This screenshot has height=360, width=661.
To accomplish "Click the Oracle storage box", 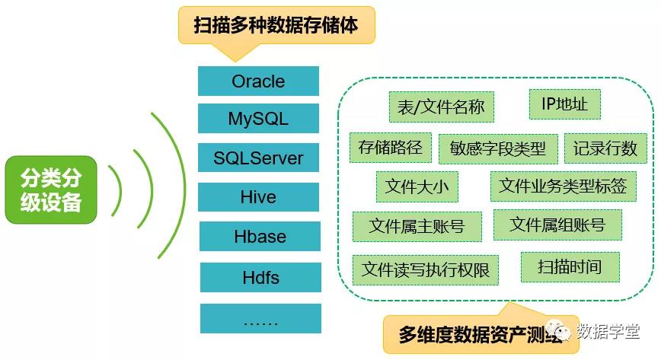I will pyautogui.click(x=258, y=81).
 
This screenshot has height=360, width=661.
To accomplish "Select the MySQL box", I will pyautogui.click(x=258, y=119).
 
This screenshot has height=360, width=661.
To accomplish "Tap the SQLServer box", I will pyautogui.click(x=258, y=158).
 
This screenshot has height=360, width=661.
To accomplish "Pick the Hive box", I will pyautogui.click(x=258, y=197).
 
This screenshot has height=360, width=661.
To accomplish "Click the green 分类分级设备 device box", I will pyautogui.click(x=51, y=190).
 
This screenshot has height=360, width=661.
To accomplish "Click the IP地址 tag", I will pyautogui.click(x=564, y=104).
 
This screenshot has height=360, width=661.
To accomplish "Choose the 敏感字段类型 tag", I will pyautogui.click(x=498, y=148).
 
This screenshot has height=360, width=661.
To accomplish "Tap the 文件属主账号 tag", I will pyautogui.click(x=417, y=226).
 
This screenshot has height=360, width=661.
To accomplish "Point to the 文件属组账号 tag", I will pyautogui.click(x=557, y=225).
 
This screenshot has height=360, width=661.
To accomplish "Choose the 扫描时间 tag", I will pyautogui.click(x=570, y=267).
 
